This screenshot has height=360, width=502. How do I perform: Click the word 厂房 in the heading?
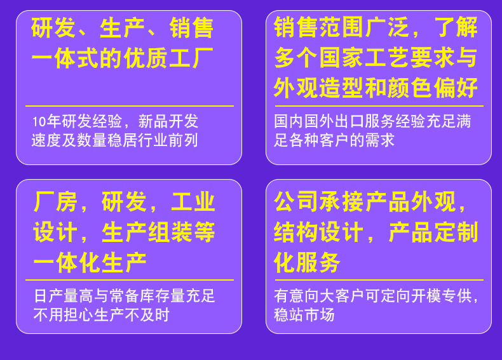point(55,202)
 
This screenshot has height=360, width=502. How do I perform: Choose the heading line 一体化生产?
point(90,262)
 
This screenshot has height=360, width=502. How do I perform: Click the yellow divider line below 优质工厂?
point(130,106)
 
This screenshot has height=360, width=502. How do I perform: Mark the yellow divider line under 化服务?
point(379,280)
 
